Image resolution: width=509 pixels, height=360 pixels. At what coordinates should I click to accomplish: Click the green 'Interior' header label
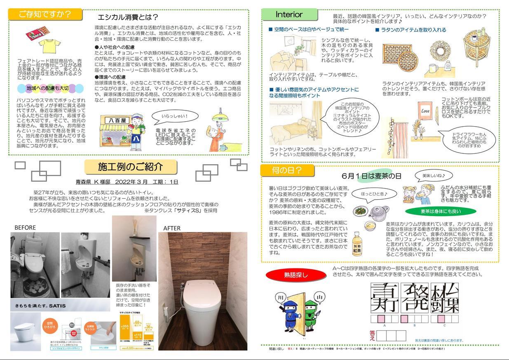[x=289, y=15]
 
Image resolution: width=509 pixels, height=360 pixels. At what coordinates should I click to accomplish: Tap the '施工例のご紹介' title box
[x=130, y=167]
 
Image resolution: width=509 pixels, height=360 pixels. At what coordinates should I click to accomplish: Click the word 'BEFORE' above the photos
[x=25, y=228]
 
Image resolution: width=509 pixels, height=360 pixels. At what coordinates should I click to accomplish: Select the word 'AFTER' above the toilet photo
[x=172, y=228]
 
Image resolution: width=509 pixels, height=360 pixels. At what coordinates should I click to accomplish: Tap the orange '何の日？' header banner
[x=287, y=170]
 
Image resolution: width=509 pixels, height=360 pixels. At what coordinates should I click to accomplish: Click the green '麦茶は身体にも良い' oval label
[x=441, y=211]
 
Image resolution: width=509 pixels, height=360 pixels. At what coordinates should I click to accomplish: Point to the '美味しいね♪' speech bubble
[x=431, y=176]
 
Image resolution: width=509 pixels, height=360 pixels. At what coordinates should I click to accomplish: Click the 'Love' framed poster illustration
[x=425, y=112]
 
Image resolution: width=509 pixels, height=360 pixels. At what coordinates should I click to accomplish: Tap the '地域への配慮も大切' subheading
[x=50, y=89]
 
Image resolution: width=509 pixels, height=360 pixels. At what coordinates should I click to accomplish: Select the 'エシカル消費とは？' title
[x=128, y=17]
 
